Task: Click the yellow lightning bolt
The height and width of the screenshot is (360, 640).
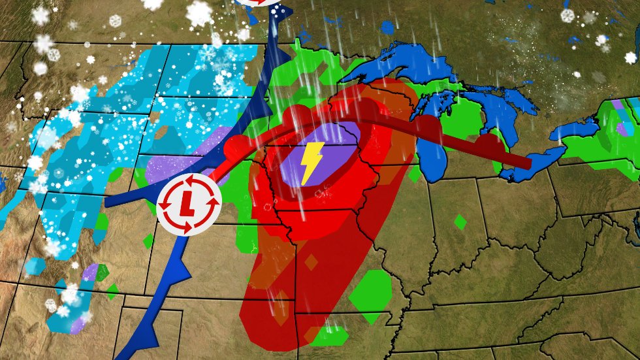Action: (x=312, y=162)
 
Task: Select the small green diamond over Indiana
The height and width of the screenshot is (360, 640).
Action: (x=460, y=222)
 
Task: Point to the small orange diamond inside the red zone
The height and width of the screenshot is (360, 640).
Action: (x=312, y=262)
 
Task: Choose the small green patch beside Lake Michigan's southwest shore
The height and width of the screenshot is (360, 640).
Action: (x=414, y=174)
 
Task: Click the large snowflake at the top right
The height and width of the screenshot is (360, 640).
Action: (x=566, y=14)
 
